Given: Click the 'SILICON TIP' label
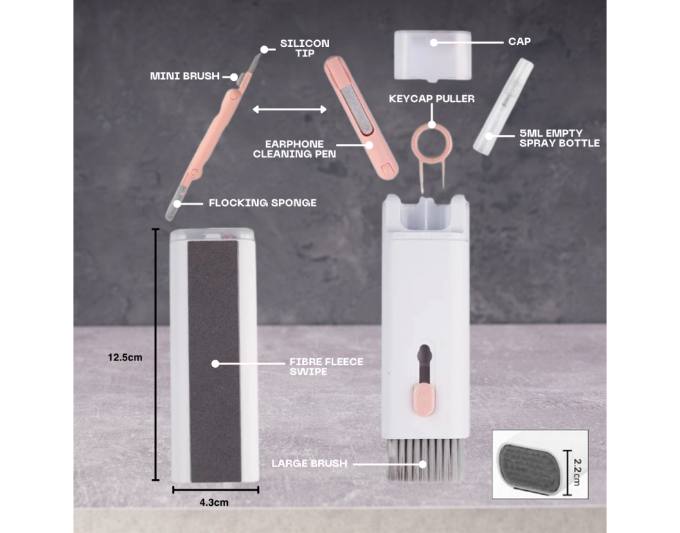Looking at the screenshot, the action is click(305, 48).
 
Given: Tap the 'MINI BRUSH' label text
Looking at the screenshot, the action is click(185, 76).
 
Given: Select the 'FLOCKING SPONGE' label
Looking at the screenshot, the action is click(262, 203).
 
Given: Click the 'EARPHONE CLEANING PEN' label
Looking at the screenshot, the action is click(294, 149).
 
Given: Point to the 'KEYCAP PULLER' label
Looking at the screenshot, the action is click(432, 99).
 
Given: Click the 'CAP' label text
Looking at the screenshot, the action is click(520, 41).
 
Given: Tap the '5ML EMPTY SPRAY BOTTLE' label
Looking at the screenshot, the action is click(560, 138).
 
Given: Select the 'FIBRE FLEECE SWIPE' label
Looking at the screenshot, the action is click(326, 366).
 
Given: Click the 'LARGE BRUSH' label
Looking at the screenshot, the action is click(309, 463).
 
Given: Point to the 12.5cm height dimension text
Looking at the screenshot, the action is click(125, 358).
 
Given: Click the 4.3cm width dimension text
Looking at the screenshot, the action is click(214, 502).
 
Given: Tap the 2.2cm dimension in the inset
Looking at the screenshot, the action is click(577, 472).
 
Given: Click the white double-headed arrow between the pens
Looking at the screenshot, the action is click(290, 109).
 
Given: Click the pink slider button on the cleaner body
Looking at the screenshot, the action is click(425, 400).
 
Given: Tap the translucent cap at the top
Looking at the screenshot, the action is click(432, 56).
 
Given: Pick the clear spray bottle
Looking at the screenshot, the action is click(503, 107).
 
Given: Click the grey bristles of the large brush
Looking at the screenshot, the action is click(426, 460).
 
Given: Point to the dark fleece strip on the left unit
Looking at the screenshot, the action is click(214, 361).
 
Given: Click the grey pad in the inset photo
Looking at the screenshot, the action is click(532, 467).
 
